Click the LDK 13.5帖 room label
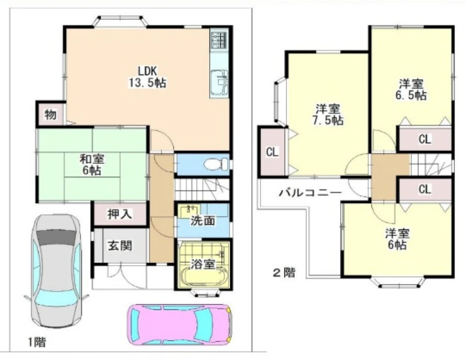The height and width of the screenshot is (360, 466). (147, 77)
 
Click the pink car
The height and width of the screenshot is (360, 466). (180, 324)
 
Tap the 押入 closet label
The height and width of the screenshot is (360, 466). (120, 214)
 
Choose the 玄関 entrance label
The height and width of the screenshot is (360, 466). (120, 246)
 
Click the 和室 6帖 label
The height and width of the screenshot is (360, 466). (92, 165)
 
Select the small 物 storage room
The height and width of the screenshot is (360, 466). (51, 114)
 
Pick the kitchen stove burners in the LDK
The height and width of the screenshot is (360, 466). (220, 40)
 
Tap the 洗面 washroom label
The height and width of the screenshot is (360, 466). (203, 221)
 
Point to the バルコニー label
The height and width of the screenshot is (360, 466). (310, 193)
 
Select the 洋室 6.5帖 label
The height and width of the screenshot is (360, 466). (411, 90)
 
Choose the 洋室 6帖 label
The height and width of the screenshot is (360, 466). (397, 239)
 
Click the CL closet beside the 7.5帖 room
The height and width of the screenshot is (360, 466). (272, 152)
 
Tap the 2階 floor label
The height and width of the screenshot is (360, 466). (284, 273)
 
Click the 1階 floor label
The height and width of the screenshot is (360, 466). (37, 342)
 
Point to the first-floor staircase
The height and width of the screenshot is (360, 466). (202, 189)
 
